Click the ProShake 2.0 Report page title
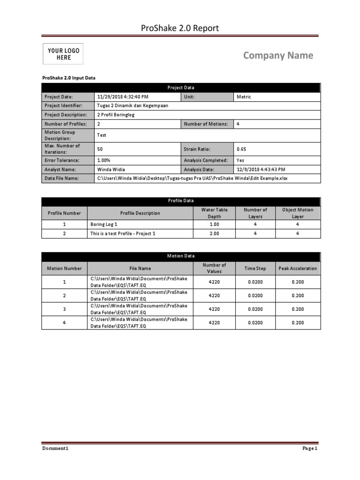click(180, 29)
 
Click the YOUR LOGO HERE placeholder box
click(63, 54)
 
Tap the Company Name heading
click(278, 56)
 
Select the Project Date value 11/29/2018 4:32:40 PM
click(122, 97)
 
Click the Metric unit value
click(244, 97)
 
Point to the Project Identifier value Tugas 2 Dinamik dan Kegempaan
click(132, 106)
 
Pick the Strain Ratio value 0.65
click(241, 149)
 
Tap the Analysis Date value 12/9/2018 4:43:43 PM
click(261, 169)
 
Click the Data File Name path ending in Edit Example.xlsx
click(192, 179)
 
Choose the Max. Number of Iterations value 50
click(100, 149)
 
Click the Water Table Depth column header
click(214, 213)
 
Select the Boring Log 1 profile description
click(104, 225)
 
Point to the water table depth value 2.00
click(214, 233)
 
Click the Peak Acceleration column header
click(298, 269)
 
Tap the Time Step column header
click(255, 269)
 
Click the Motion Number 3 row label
click(64, 309)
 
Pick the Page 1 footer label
click(310, 449)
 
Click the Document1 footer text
click(55, 449)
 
